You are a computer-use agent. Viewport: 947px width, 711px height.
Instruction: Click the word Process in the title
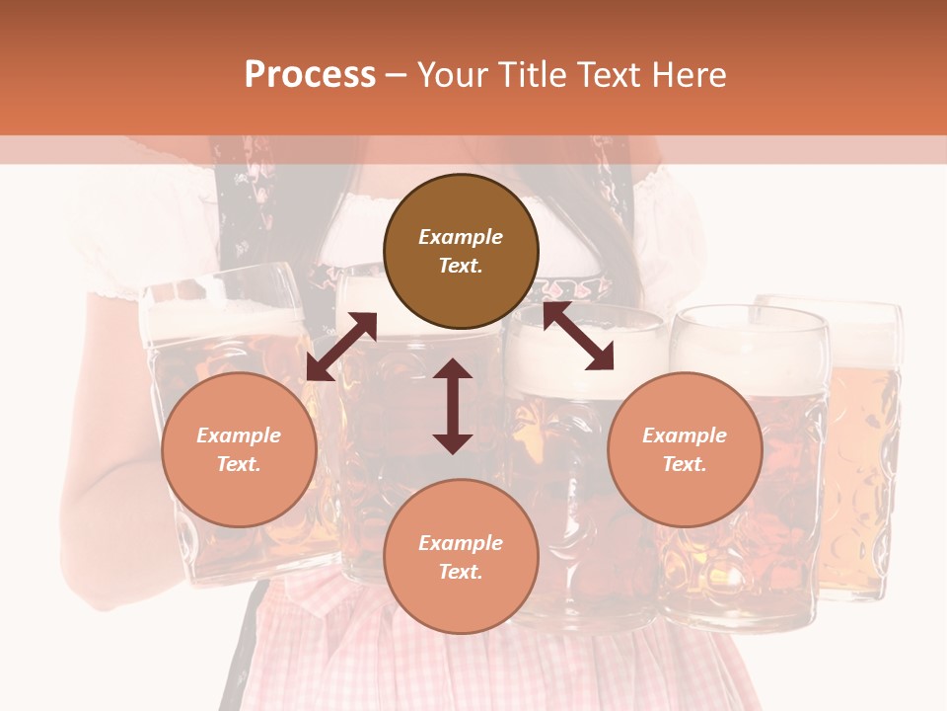click(310, 75)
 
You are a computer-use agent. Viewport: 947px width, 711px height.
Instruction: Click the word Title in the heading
click(533, 75)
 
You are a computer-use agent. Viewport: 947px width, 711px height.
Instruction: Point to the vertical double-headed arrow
click(453, 406)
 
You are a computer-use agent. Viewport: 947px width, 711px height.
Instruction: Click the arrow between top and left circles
click(341, 346)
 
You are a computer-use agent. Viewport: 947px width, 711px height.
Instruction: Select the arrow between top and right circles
click(578, 337)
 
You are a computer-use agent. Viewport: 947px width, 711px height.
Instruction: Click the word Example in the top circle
click(461, 237)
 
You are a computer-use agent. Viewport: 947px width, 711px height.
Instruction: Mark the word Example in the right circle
click(685, 435)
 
